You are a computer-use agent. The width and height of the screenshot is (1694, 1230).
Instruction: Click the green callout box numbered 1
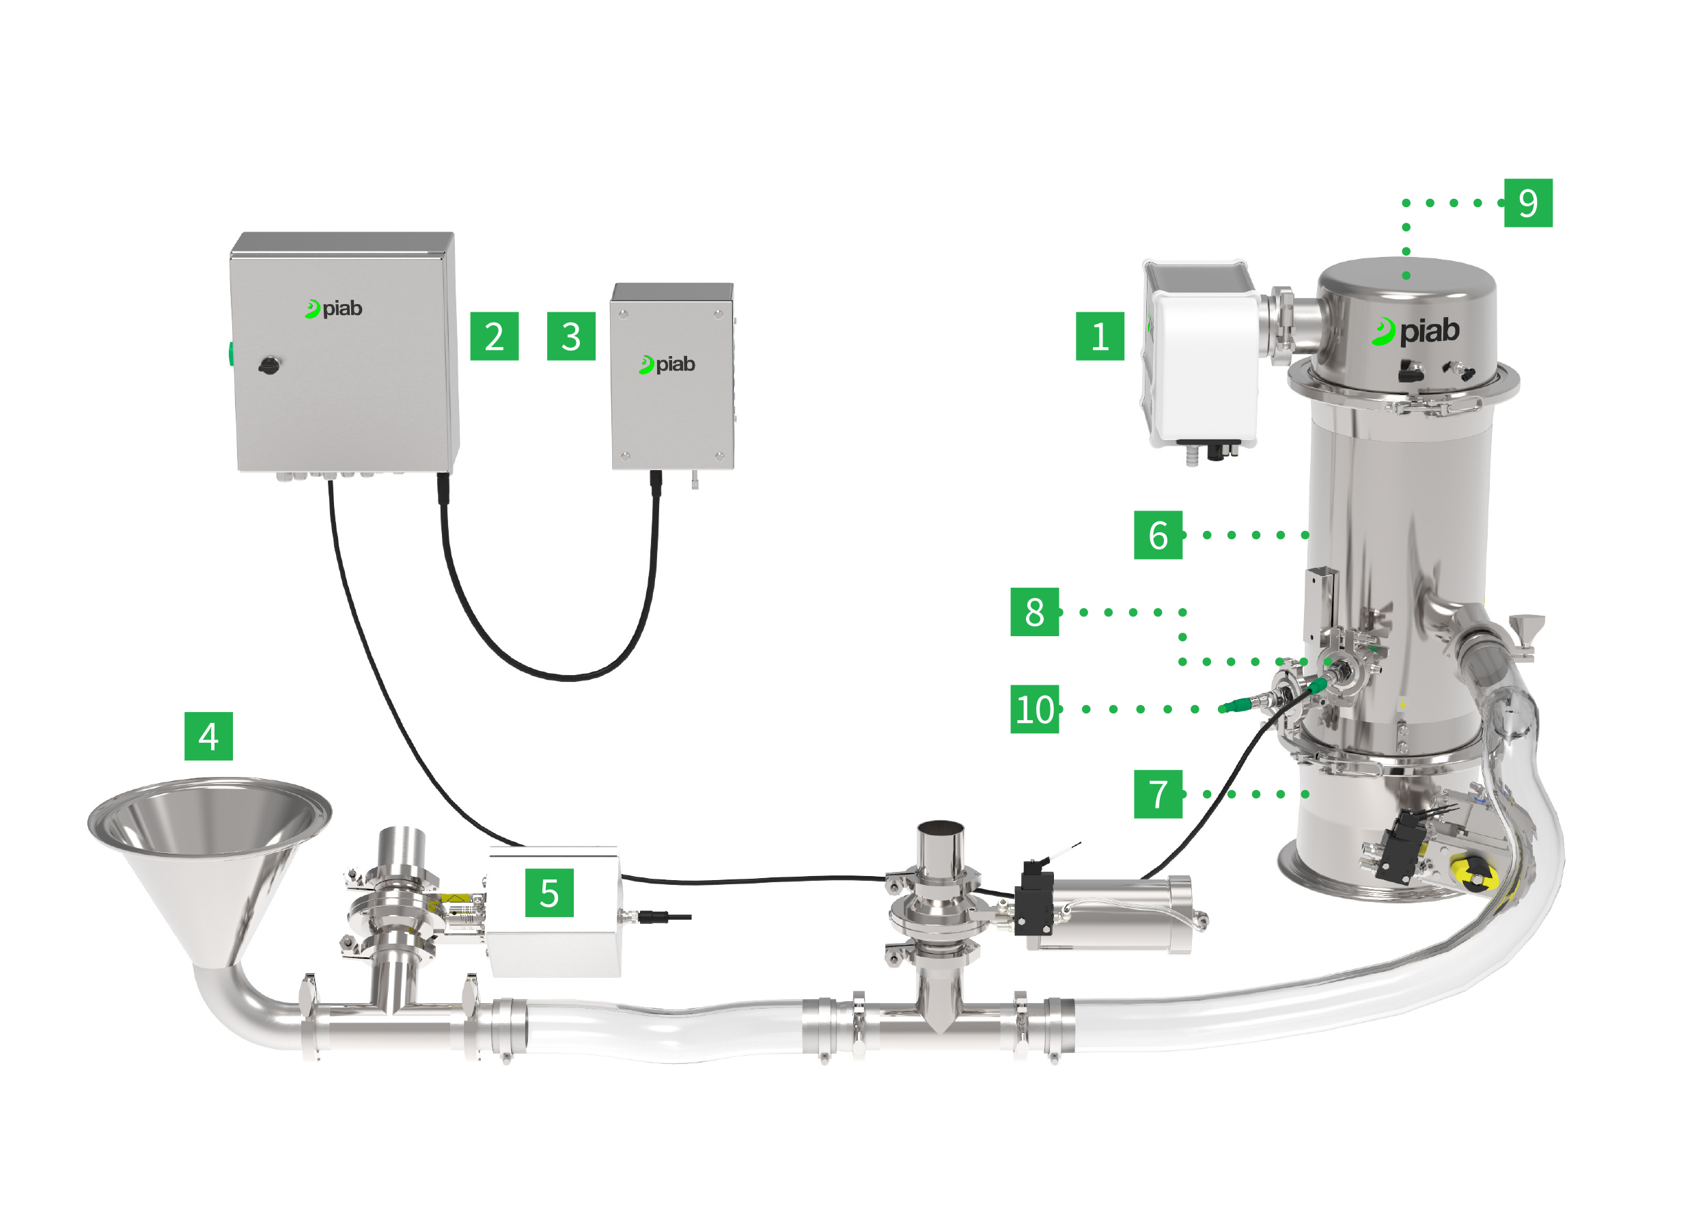(x=1100, y=336)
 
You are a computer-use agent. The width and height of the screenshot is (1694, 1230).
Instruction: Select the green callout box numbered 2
(x=494, y=336)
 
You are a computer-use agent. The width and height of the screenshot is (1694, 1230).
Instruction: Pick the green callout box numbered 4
(x=208, y=736)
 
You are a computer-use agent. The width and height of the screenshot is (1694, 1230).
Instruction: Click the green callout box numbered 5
(x=549, y=892)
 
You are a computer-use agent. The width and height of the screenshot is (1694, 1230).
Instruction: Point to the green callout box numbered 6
(x=1158, y=535)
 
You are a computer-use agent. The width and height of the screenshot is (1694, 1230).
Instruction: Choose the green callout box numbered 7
(x=1158, y=793)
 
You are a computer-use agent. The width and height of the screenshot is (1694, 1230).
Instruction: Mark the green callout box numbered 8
(x=1033, y=612)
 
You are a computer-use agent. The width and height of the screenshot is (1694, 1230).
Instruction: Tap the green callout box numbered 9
(x=1528, y=202)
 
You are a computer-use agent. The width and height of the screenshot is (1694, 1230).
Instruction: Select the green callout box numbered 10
(x=1033, y=709)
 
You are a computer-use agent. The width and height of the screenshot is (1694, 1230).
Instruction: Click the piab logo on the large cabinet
(x=334, y=309)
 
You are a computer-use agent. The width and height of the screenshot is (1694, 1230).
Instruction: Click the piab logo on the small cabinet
(x=667, y=365)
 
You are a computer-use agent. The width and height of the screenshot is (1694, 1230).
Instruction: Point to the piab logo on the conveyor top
(x=1415, y=331)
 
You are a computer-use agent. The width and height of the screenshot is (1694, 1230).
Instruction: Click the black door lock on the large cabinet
(x=269, y=366)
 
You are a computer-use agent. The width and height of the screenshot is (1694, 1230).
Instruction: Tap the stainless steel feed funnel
(x=209, y=845)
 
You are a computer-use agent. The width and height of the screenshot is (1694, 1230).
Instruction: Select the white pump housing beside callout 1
(x=1202, y=366)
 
